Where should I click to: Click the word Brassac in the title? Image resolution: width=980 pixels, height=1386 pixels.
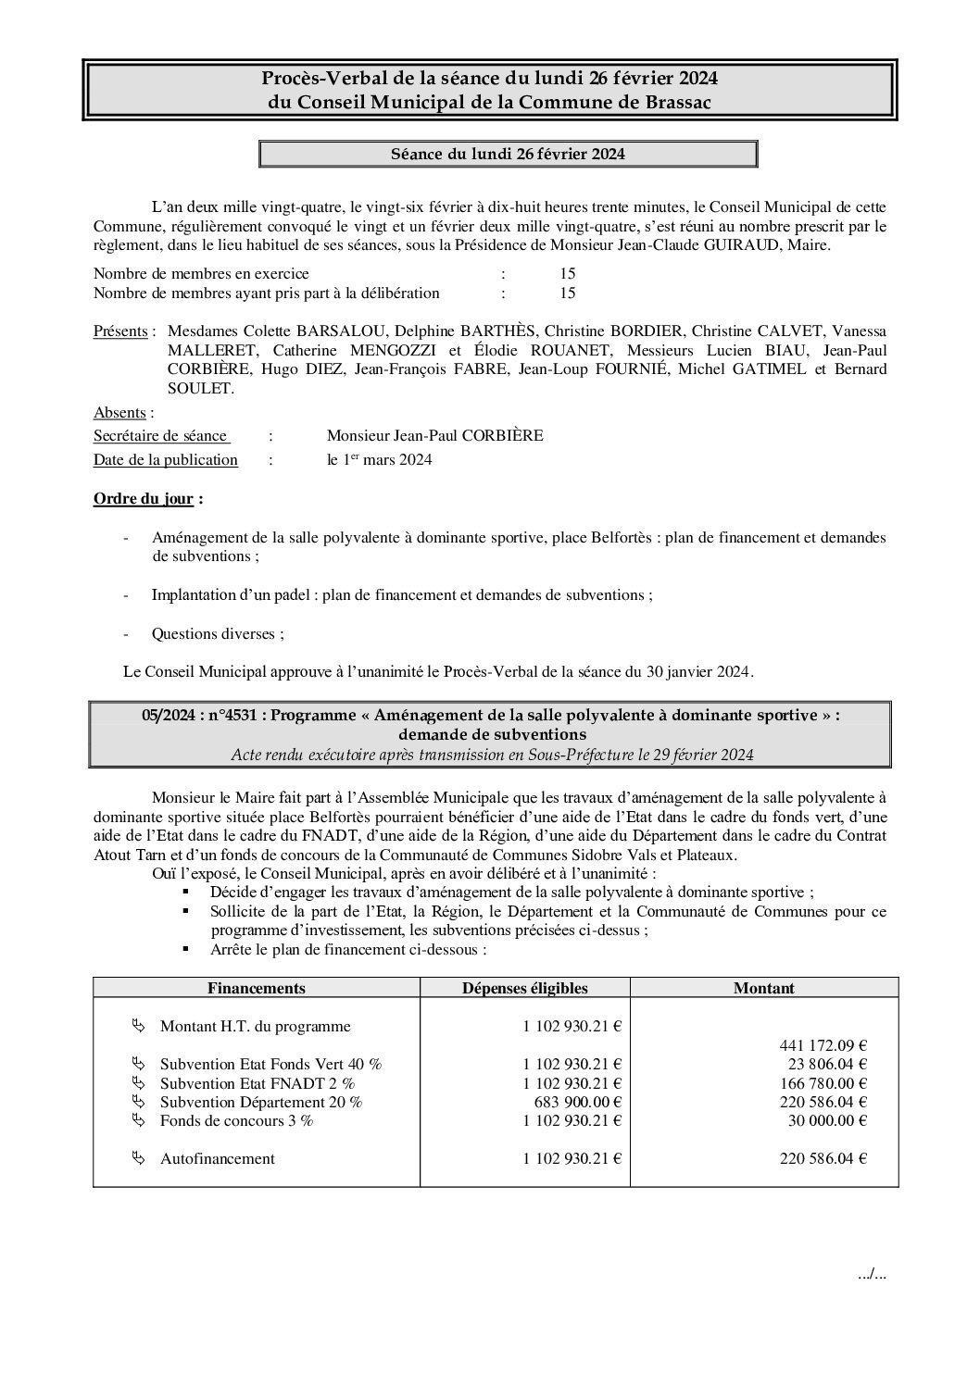pyautogui.click(x=678, y=103)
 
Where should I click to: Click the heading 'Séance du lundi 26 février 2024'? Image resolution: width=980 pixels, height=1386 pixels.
pyautogui.click(x=508, y=154)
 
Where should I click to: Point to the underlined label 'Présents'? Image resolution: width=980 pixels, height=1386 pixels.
pyautogui.click(x=120, y=331)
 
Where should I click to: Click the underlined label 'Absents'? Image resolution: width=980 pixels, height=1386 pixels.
pyautogui.click(x=119, y=413)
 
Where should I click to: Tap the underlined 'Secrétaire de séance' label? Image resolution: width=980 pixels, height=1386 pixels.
pyautogui.click(x=160, y=436)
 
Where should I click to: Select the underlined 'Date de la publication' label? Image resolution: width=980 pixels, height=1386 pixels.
pyautogui.click(x=166, y=460)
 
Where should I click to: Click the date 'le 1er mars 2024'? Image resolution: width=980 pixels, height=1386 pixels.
pyautogui.click(x=379, y=460)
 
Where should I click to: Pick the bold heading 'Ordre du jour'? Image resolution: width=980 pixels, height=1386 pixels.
pyautogui.click(x=144, y=499)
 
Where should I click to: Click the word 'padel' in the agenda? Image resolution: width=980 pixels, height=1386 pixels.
pyautogui.click(x=290, y=595)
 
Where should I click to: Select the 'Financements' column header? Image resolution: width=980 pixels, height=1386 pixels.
pyautogui.click(x=257, y=988)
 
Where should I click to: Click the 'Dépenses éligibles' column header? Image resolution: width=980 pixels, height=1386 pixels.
pyautogui.click(x=524, y=988)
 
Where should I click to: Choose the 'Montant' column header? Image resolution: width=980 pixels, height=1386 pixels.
pyautogui.click(x=763, y=988)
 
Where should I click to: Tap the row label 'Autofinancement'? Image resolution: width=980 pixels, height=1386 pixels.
pyautogui.click(x=218, y=1158)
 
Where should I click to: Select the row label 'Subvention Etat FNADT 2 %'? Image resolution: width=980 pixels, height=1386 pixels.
pyautogui.click(x=258, y=1083)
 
